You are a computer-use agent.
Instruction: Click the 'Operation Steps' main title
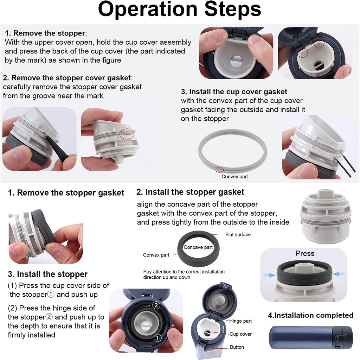[x=179, y=10]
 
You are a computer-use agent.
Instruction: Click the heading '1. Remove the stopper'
[x=45, y=33]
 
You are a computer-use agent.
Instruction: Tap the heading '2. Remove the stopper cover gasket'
[x=67, y=78]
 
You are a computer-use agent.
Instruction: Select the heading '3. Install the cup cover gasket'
[x=234, y=92]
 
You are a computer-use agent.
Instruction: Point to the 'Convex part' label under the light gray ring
[x=234, y=177]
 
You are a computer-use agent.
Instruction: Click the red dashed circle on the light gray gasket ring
[x=219, y=170]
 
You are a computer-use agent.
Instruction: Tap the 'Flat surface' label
[x=238, y=234]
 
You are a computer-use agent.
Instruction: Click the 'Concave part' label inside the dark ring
[x=198, y=247]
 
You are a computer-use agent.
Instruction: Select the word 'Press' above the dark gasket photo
[x=305, y=253]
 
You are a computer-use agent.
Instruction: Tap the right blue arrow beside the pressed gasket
[x=339, y=274]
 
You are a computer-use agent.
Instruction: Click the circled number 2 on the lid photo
[x=156, y=305]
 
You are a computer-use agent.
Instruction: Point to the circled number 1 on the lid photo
[x=157, y=338]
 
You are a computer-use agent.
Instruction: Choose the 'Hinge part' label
[x=240, y=321]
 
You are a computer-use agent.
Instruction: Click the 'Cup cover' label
[x=240, y=334]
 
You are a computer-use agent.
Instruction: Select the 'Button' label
[x=237, y=347]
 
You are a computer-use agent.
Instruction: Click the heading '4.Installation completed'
[x=311, y=315]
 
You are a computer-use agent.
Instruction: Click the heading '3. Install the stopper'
[x=48, y=274]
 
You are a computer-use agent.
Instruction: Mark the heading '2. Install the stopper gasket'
[x=190, y=192]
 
